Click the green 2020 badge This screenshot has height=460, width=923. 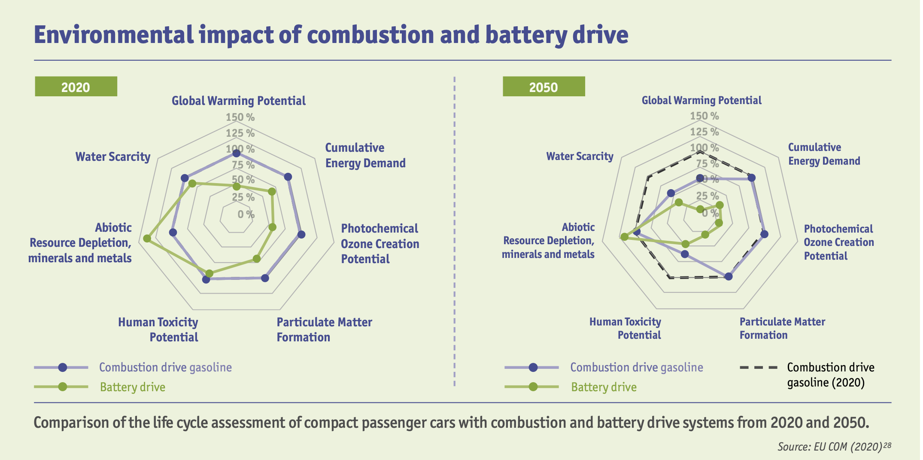coord(76,86)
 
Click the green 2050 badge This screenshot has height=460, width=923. coord(543,86)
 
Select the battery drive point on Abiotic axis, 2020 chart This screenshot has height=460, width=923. coord(147,238)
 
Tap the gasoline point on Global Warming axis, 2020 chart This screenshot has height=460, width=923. coord(236,153)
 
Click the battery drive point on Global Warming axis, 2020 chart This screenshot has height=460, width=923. coord(236,187)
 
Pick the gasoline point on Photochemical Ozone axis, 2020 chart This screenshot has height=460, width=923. coord(301,234)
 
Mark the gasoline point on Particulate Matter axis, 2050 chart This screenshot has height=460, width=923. coord(729,276)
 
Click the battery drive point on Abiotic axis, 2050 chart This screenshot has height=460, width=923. coord(624,236)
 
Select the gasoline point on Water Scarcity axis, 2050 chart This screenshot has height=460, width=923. coord(671,193)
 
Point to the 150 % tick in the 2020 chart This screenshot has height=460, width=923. coord(240,117)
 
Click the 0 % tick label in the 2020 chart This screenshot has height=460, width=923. coord(246,214)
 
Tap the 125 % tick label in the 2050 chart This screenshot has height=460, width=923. coord(704,132)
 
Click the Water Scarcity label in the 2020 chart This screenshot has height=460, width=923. coord(113,156)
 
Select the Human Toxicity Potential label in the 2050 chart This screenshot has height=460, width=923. coord(625,328)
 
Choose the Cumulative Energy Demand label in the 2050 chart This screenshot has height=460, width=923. coord(824,154)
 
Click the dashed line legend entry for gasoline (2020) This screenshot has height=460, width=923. coord(759,368)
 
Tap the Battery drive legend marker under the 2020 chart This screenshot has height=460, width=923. coord(63,386)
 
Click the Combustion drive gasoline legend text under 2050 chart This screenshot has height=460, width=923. coord(637,367)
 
